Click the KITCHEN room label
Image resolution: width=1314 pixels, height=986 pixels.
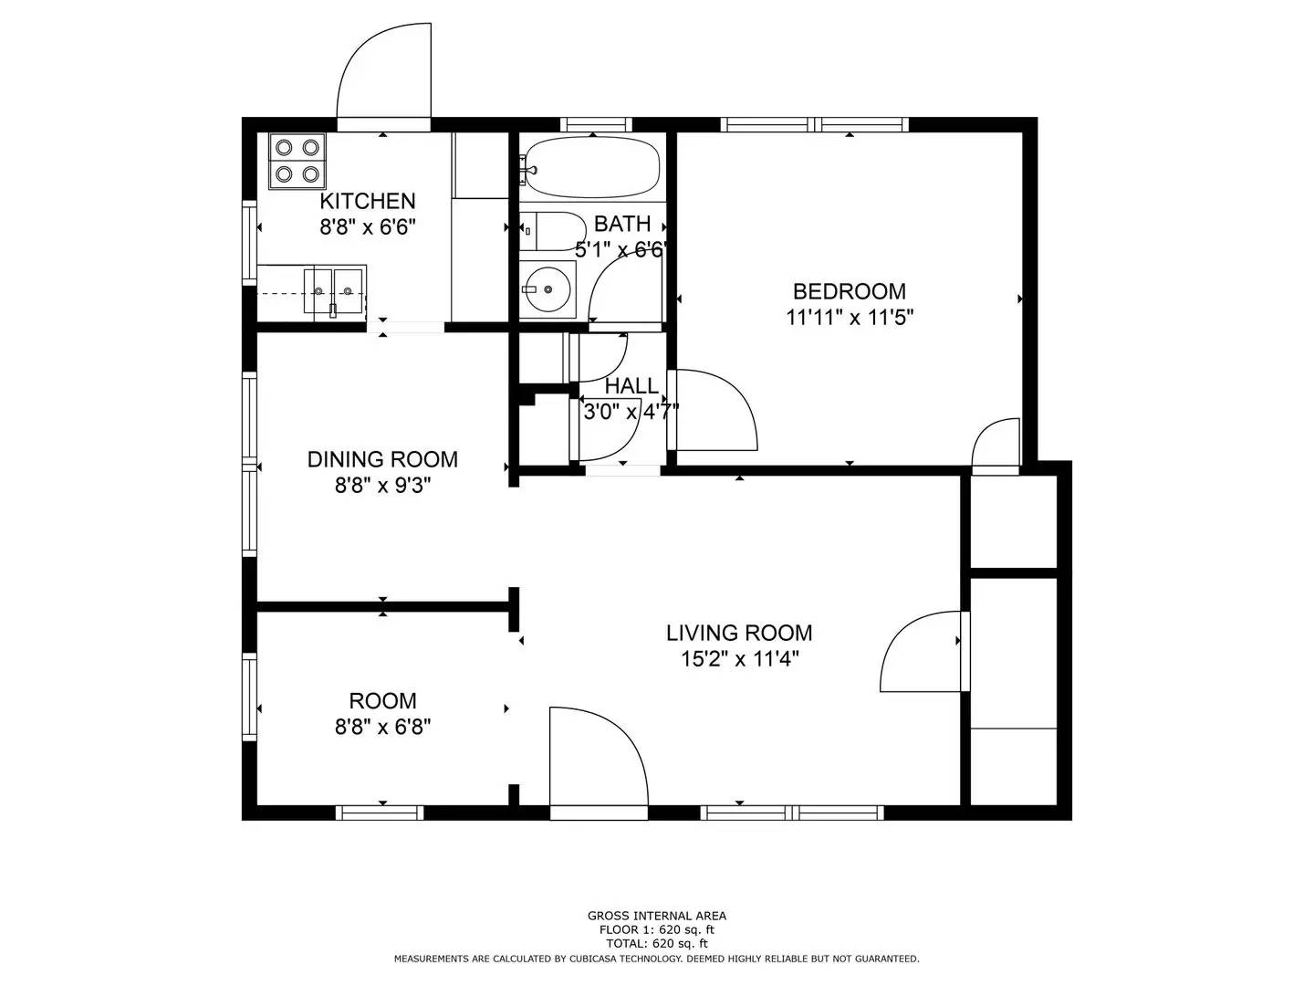tap(367, 201)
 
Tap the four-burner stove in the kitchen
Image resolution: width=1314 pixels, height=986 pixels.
tap(297, 161)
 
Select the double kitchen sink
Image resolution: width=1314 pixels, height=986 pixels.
tap(333, 290)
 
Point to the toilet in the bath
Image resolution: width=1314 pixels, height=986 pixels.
tap(551, 231)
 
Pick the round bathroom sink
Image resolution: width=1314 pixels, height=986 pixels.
tap(547, 289)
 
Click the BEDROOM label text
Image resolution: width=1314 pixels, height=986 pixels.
tap(849, 291)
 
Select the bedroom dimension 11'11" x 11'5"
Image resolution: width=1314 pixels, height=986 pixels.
tap(849, 318)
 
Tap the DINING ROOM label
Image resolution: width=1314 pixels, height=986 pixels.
tap(382, 459)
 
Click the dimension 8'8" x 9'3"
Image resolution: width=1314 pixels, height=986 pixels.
tap(382, 486)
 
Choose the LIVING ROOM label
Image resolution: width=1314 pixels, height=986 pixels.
tap(738, 633)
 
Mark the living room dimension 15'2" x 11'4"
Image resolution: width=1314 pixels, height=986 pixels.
tap(738, 659)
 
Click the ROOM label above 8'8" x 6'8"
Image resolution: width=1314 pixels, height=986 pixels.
tap(382, 701)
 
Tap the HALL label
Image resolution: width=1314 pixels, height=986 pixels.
tap(631, 385)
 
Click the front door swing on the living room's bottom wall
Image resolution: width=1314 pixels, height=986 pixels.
tap(598, 758)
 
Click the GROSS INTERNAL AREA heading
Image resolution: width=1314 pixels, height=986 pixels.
tap(656, 916)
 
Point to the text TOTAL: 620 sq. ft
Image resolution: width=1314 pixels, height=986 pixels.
tap(656, 943)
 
